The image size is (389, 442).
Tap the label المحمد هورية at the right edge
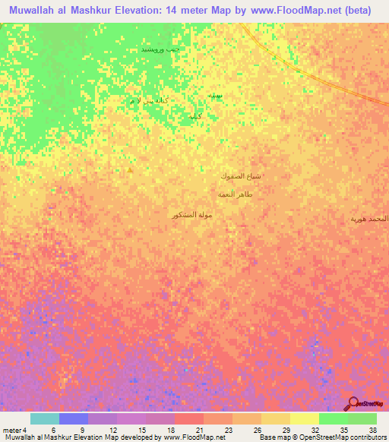click(x=368, y=219)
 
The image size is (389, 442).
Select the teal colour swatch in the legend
click(x=45, y=418)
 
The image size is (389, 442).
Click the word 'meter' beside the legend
click(x=11, y=429)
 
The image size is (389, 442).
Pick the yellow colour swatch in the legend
click(x=275, y=418)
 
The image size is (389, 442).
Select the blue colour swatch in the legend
click(x=74, y=418)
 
